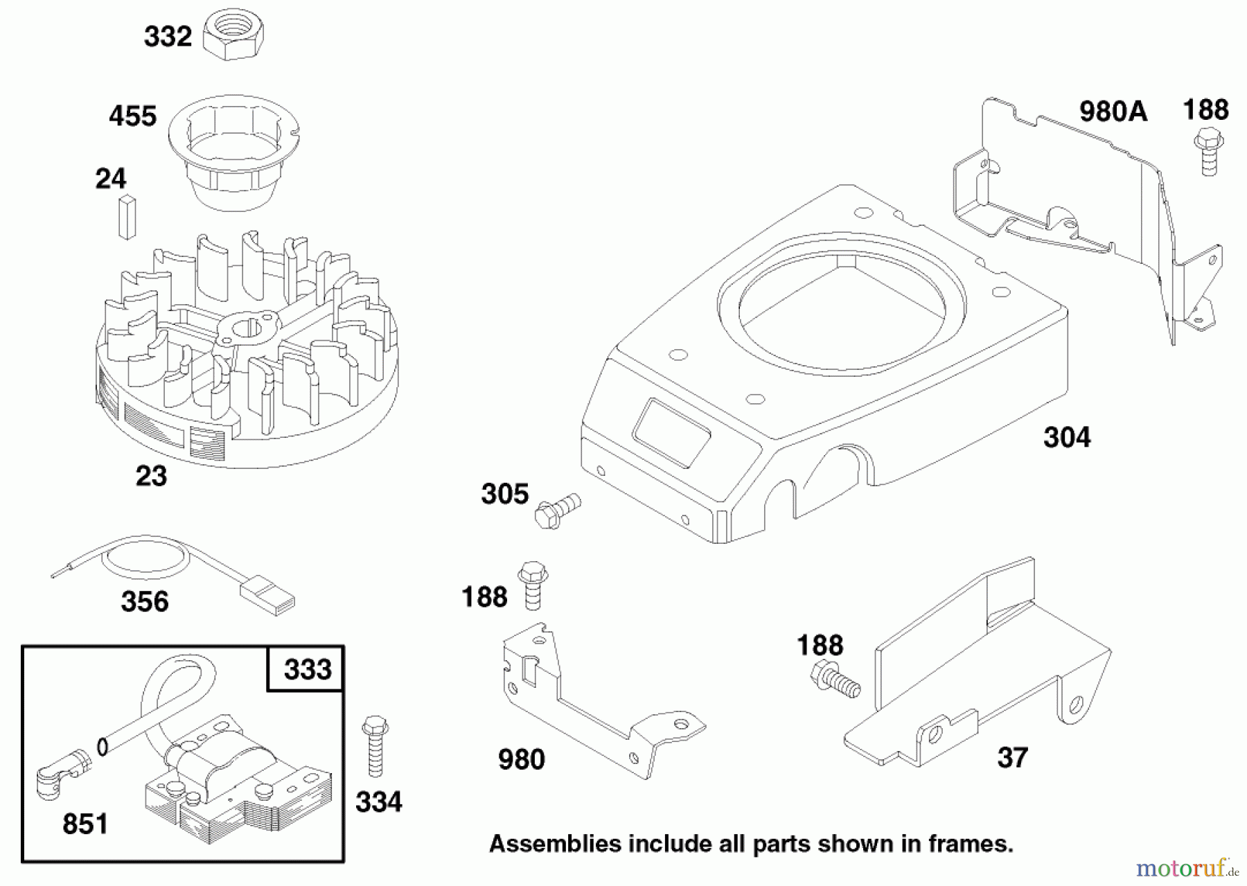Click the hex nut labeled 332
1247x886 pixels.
[227, 36]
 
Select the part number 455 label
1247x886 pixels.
[132, 116]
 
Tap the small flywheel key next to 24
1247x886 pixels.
[127, 217]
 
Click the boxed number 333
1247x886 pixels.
[307, 670]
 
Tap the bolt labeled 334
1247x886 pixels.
[375, 748]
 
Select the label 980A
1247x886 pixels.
[1113, 112]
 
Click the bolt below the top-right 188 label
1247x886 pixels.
[1209, 153]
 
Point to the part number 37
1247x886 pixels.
[1012, 757]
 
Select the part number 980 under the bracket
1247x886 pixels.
[522, 760]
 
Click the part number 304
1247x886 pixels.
[1066, 438]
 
